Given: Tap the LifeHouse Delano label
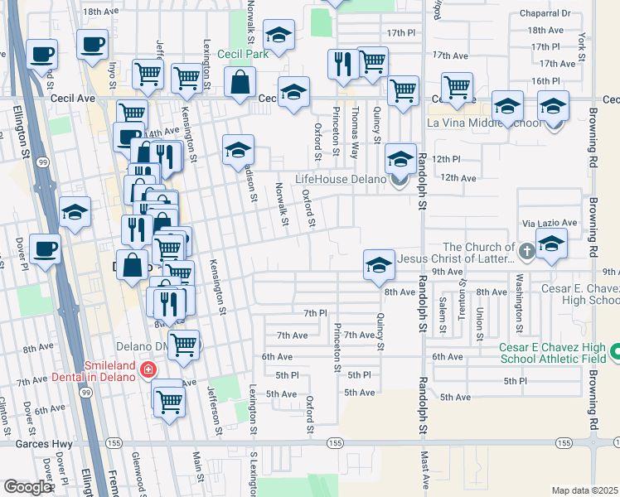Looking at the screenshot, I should (x=341, y=179).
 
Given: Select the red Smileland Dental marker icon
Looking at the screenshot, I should (x=148, y=369).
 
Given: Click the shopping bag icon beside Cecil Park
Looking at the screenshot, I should (x=240, y=83).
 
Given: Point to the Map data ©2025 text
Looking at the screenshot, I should (x=584, y=490).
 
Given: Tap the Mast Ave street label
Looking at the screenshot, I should (x=425, y=476).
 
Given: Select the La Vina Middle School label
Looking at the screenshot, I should (x=476, y=123).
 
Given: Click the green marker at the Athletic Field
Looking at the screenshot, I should (x=614, y=353).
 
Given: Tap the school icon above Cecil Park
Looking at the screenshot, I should (x=279, y=36).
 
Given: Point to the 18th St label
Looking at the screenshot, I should (x=100, y=12).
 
